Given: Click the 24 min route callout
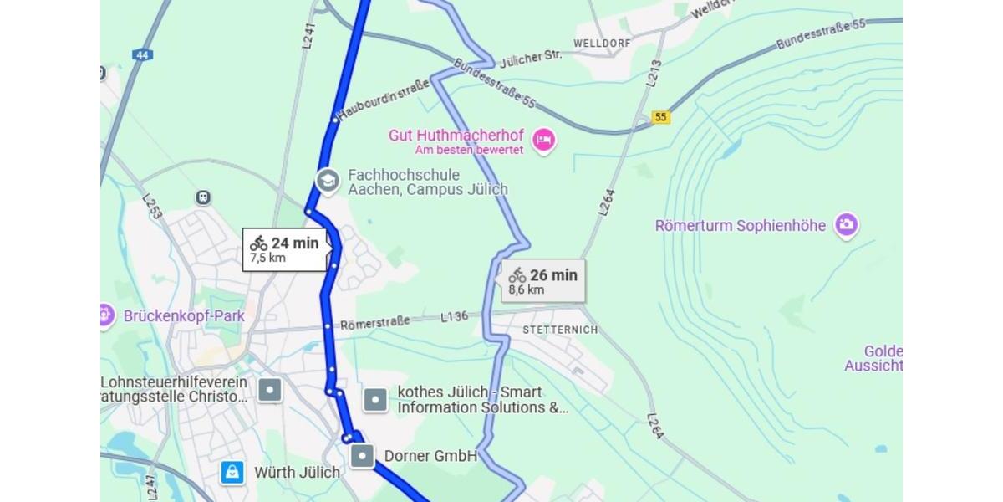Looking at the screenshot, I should [284, 249].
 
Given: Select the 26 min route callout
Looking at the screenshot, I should [543, 281].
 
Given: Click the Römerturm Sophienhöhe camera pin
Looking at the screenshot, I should [847, 225].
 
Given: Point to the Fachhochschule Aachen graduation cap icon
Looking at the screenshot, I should [327, 181].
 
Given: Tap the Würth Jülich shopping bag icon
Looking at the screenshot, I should [232, 472].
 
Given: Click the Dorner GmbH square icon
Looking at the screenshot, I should [362, 456].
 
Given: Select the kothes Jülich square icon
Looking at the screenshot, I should [376, 400].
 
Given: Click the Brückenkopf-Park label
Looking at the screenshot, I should [184, 316].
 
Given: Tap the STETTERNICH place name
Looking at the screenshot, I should [560, 330].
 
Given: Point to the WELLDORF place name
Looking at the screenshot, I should [602, 43].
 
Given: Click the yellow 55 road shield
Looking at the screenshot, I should [661, 117].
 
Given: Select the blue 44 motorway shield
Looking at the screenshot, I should [142, 54].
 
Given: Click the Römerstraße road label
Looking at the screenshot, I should [374, 322].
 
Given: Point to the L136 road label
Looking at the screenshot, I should [455, 317].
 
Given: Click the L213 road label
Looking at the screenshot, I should [654, 74].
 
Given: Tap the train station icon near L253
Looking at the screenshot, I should [202, 197].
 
